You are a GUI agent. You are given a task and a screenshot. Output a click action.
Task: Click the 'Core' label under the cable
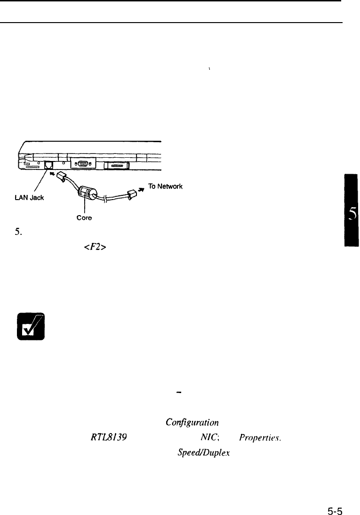(85, 219)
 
